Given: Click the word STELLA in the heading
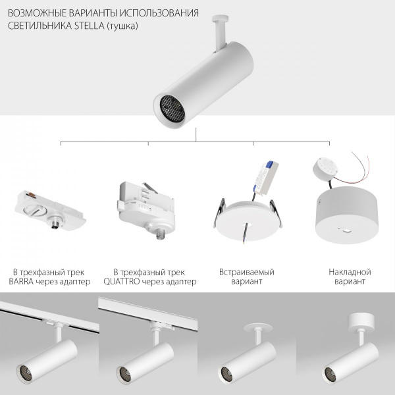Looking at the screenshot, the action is tap(89, 26).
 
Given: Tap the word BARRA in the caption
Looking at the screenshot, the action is tap(21, 281).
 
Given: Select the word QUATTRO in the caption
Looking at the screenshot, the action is tap(121, 281).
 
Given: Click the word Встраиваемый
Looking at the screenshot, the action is tap(247, 272).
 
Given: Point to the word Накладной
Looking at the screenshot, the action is tap(350, 272).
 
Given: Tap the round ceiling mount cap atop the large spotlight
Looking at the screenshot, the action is tap(220, 18).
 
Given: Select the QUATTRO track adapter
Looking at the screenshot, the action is tap(146, 207).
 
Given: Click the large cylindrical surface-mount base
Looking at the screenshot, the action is tap(347, 215).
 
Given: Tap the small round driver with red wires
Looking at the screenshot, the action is tap(326, 169).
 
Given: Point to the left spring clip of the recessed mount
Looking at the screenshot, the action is tap(219, 212).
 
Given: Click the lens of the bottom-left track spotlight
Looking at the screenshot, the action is tap(26, 373).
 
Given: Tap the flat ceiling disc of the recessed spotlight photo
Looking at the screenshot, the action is tap(258, 328).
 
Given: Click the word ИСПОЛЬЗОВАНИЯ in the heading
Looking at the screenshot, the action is tap(159, 13).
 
